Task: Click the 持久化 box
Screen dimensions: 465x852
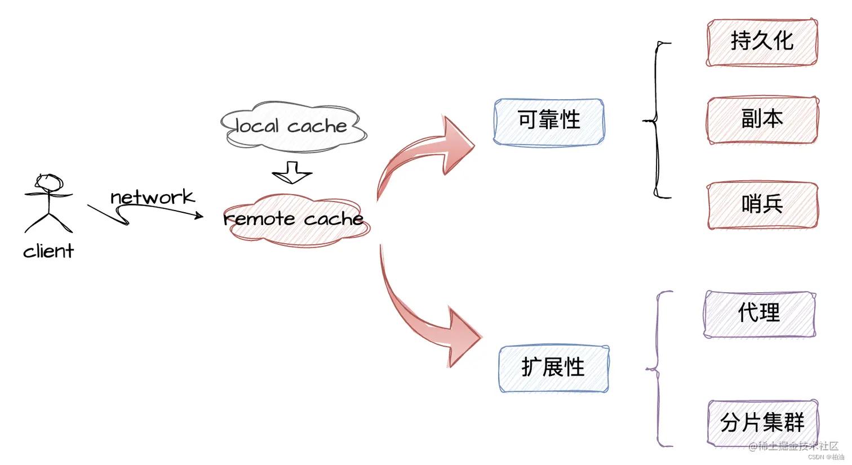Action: point(762,42)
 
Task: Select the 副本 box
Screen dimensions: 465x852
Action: point(762,119)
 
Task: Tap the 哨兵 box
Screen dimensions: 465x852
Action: point(762,205)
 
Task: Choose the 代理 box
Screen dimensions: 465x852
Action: point(760,314)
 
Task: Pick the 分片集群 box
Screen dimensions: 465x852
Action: point(762,422)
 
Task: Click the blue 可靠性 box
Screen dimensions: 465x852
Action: point(549,121)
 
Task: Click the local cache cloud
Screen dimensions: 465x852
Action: point(292,127)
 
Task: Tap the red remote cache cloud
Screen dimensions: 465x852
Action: point(294,220)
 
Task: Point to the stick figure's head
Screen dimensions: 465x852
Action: point(48,182)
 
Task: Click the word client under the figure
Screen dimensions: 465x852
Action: point(48,251)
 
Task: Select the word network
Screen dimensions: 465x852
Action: point(152,197)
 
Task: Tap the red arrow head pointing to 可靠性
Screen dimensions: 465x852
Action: point(458,144)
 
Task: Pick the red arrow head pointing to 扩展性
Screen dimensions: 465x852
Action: point(463,338)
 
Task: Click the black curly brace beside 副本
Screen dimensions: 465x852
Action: point(655,120)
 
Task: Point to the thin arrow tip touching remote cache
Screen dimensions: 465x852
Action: point(201,215)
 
